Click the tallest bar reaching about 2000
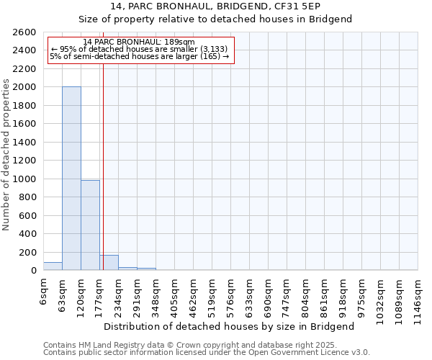point(71,179)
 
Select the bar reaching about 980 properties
point(90,225)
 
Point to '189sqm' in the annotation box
point(179,42)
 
